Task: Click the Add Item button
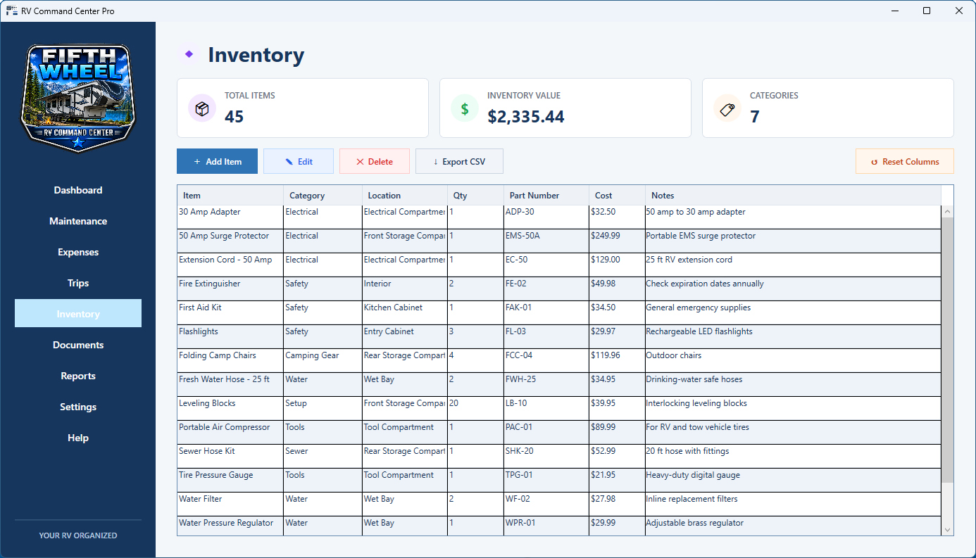217,161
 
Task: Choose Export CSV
459,161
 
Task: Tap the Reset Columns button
905,161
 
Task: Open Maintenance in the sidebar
78,221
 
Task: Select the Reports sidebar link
78,376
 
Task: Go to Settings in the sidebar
78,407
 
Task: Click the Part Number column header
534,196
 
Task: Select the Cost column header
603,196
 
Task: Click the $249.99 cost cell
605,236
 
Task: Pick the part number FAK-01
518,307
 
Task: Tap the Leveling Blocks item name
207,403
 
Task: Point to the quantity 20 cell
453,403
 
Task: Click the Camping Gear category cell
312,355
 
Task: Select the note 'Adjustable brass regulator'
694,523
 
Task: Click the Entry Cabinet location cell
389,331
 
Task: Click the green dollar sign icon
465,108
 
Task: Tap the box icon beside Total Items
201,108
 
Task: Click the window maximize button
927,11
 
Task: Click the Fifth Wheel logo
78,98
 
